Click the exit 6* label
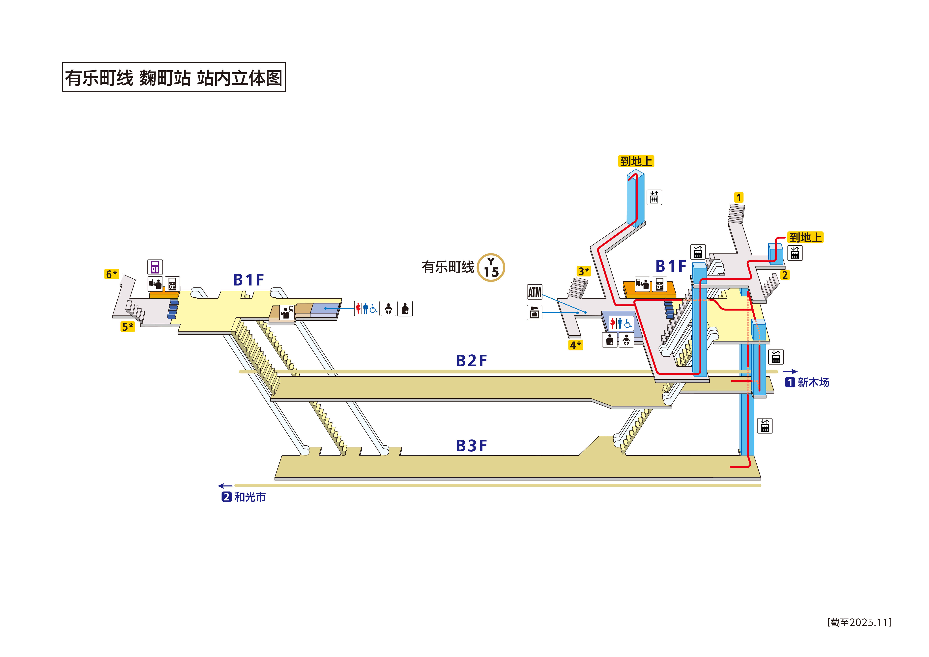tap(111, 274)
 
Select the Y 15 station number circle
tap(491, 268)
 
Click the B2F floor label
tap(471, 361)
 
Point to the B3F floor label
tap(471, 446)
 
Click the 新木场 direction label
tap(813, 382)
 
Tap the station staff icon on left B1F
tap(287, 312)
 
